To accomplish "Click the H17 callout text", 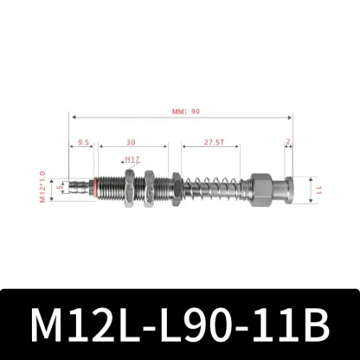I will tap(132, 160).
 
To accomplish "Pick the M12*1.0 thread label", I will tap(41, 184).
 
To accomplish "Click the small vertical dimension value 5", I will tap(59, 184).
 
